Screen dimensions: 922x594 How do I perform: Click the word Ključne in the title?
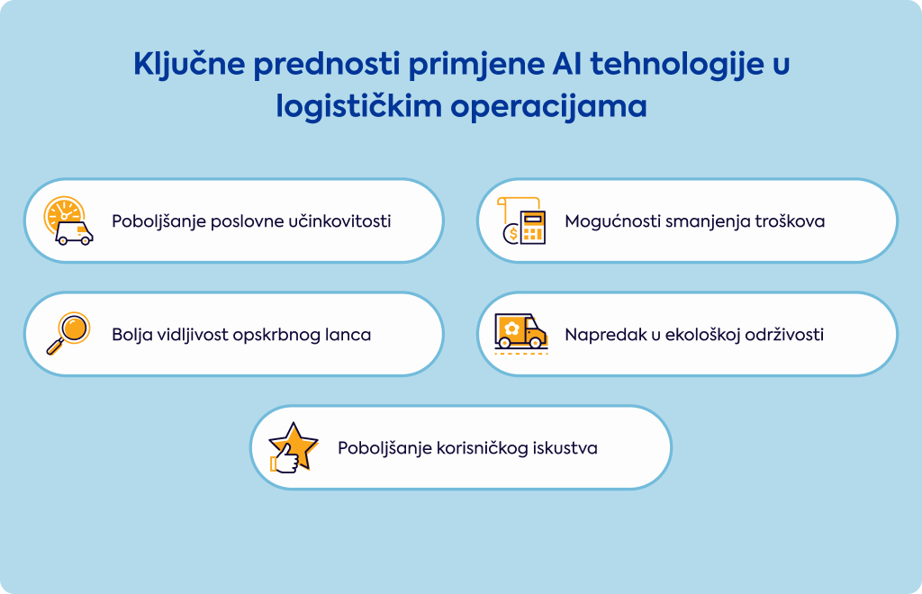tap(189, 64)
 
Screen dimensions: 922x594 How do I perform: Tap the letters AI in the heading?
tap(566, 63)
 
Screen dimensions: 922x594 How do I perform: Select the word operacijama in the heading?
tap(548, 107)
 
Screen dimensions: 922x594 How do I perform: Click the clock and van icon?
tap(68, 220)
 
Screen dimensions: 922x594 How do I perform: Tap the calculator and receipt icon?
tap(521, 220)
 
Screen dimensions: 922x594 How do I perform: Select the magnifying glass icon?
tap(68, 333)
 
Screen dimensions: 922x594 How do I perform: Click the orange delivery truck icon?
tap(521, 333)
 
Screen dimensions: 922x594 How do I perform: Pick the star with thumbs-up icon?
tap(293, 447)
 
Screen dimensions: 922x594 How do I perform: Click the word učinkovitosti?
tap(339, 220)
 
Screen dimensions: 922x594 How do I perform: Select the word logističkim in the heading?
tap(358, 107)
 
